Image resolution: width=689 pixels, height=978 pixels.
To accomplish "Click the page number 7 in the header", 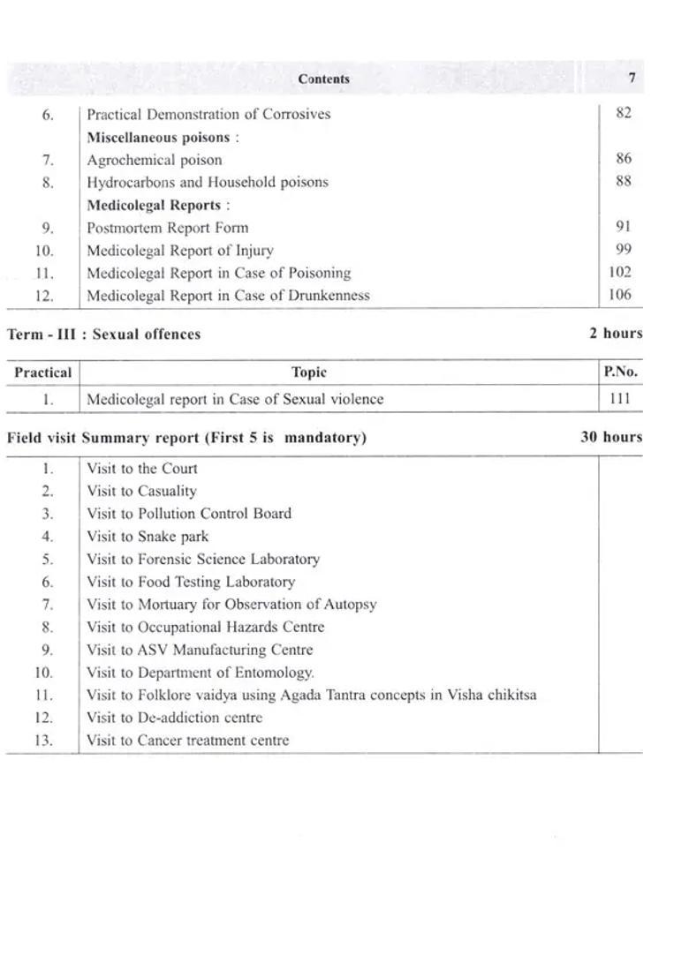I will [632, 78].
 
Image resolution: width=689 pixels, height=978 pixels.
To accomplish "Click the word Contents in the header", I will [323, 79].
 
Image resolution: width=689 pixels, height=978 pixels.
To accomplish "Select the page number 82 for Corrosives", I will [623, 113].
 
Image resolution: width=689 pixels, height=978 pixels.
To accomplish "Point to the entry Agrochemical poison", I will [155, 160].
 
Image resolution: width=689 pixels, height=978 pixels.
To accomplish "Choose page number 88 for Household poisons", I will [623, 181].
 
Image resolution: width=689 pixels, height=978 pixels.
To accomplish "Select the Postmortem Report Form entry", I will [167, 227].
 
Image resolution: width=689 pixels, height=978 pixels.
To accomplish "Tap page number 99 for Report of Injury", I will [623, 250].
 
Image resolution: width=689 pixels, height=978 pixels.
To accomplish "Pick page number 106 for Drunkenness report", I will [620, 295].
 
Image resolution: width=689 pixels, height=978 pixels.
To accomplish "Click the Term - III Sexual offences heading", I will [104, 334].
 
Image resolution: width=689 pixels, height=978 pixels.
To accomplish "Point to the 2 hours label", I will [616, 334].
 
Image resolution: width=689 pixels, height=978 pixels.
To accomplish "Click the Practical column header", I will [43, 372].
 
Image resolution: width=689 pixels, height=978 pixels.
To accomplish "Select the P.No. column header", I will [620, 372].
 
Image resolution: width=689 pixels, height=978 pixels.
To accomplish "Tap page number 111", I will [620, 398].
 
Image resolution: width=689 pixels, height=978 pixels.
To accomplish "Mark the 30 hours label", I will [611, 437].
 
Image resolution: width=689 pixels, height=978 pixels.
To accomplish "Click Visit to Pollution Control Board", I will [189, 513].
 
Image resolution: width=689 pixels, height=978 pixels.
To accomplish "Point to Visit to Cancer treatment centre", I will [187, 740].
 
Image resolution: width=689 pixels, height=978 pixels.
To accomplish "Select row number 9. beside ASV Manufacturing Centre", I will [48, 650].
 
